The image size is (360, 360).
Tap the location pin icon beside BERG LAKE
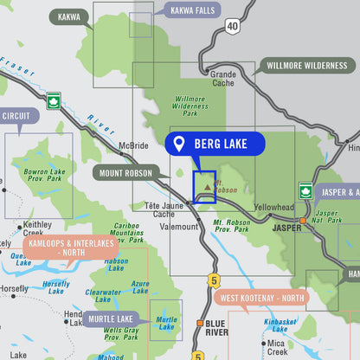[179, 144]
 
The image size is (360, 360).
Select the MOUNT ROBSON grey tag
[125, 172]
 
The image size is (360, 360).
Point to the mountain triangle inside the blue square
[206, 185]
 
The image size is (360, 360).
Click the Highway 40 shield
[232, 27]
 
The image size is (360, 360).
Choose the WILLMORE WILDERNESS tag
[306, 66]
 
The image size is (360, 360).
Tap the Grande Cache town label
[223, 80]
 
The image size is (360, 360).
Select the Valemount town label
[179, 226]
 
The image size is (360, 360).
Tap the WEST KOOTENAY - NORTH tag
[262, 299]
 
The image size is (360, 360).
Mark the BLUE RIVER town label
[215, 328]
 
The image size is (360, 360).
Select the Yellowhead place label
[274, 208]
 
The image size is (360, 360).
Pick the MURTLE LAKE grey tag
[112, 319]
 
